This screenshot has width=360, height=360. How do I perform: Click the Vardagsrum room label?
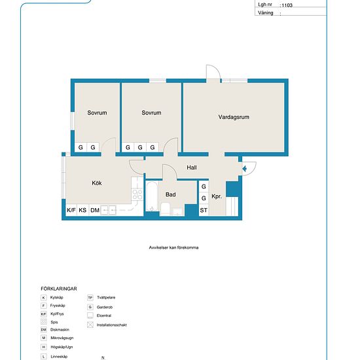[234, 117]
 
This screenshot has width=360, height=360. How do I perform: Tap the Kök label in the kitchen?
[97, 183]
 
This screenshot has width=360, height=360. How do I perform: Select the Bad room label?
[171, 194]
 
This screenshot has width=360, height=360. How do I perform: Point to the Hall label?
[192, 168]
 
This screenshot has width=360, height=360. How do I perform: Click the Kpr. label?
[217, 196]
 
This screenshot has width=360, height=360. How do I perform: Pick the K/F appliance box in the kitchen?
[71, 210]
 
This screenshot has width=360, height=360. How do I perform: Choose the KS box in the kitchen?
[82, 210]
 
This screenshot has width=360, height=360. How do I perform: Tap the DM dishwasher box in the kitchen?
[95, 210]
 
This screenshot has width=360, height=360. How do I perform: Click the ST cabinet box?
[204, 210]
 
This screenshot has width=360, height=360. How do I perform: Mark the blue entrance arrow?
[245, 169]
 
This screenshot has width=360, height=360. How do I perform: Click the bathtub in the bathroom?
[152, 196]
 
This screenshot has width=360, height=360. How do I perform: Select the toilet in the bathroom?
[165, 209]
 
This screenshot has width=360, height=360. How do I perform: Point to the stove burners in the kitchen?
[137, 194]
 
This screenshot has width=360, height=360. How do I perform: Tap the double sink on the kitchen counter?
[109, 210]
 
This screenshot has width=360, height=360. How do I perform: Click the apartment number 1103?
[287, 5]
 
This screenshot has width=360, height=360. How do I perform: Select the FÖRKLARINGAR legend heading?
[59, 289]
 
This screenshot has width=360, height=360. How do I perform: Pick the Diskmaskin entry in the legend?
[55, 330]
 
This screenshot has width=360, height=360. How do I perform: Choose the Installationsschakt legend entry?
[107, 325]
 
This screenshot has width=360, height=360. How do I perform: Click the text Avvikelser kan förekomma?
[173, 247]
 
